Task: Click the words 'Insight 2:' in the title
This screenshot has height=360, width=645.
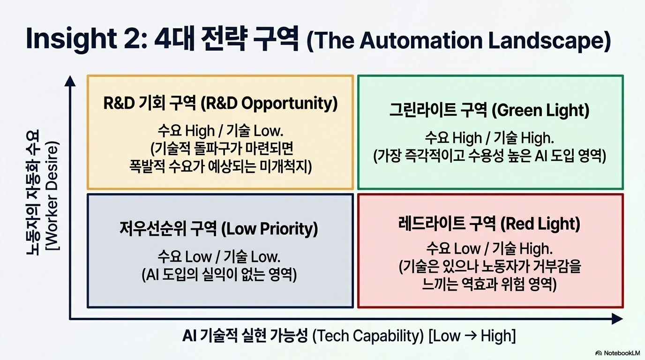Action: point(87,40)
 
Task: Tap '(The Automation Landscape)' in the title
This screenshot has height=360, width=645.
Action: point(459,41)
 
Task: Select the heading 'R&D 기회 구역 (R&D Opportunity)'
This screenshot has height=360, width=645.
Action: point(220,104)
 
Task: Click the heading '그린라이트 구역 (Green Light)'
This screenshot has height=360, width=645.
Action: point(489,111)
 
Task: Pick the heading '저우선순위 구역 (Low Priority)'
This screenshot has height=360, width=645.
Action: point(219,229)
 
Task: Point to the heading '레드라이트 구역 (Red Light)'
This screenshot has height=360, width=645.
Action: point(489,224)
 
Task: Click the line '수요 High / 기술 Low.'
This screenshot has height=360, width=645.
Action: point(221,131)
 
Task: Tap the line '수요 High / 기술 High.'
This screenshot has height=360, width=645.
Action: point(489,138)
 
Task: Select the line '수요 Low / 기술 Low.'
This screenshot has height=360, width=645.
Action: point(219,256)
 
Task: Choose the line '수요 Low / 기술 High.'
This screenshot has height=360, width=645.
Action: point(489,249)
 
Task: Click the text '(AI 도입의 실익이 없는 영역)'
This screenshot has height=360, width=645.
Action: point(219,275)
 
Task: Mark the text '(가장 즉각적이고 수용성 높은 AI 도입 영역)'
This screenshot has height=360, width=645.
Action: point(489,156)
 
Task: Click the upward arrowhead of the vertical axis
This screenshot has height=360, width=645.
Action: point(70,81)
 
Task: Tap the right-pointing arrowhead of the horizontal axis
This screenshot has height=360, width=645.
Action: point(617,319)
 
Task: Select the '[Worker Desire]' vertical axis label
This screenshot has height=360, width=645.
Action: point(53,196)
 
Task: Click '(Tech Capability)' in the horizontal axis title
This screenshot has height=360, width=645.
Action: point(368,336)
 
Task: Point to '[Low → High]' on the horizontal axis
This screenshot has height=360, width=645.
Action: point(472,336)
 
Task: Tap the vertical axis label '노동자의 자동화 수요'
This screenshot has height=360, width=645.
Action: point(33,192)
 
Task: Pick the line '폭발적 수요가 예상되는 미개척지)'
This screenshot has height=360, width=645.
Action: point(221,167)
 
